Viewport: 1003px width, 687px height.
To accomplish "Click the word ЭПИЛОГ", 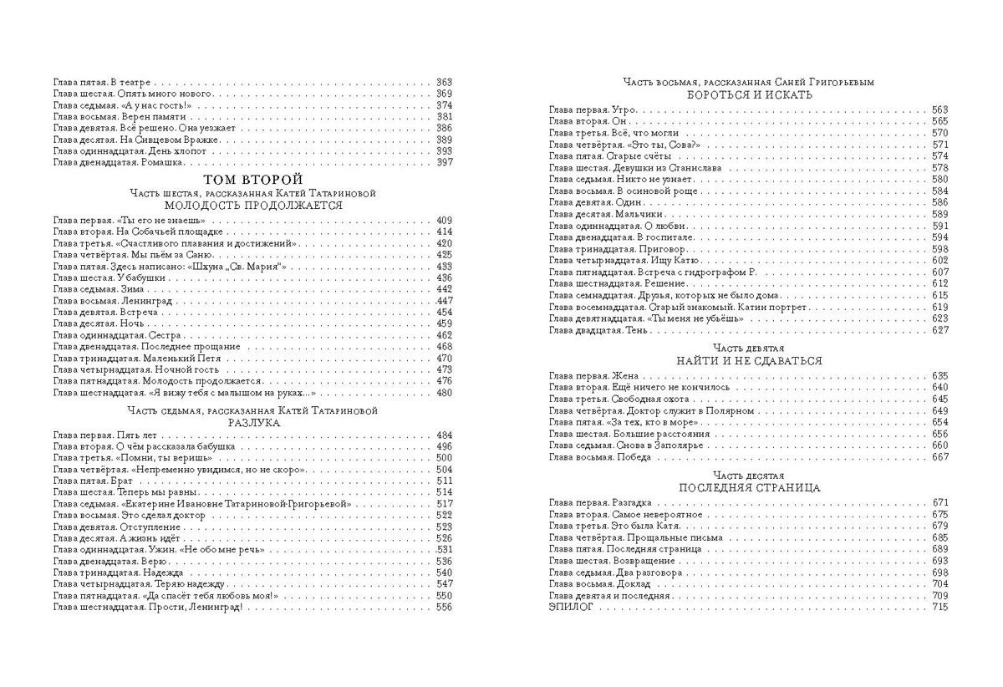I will tap(573, 608).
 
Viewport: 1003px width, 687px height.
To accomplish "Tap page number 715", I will tap(940, 608).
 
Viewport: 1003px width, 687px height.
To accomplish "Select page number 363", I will tap(444, 82).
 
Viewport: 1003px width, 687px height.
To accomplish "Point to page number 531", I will tap(444, 549).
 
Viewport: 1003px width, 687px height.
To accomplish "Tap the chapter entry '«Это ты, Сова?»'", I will tap(662, 145).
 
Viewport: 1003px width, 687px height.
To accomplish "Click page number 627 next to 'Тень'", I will tap(940, 331).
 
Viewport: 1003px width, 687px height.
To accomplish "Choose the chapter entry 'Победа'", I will tap(632, 457).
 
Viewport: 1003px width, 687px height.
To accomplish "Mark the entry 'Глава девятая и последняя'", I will tap(609, 596).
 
